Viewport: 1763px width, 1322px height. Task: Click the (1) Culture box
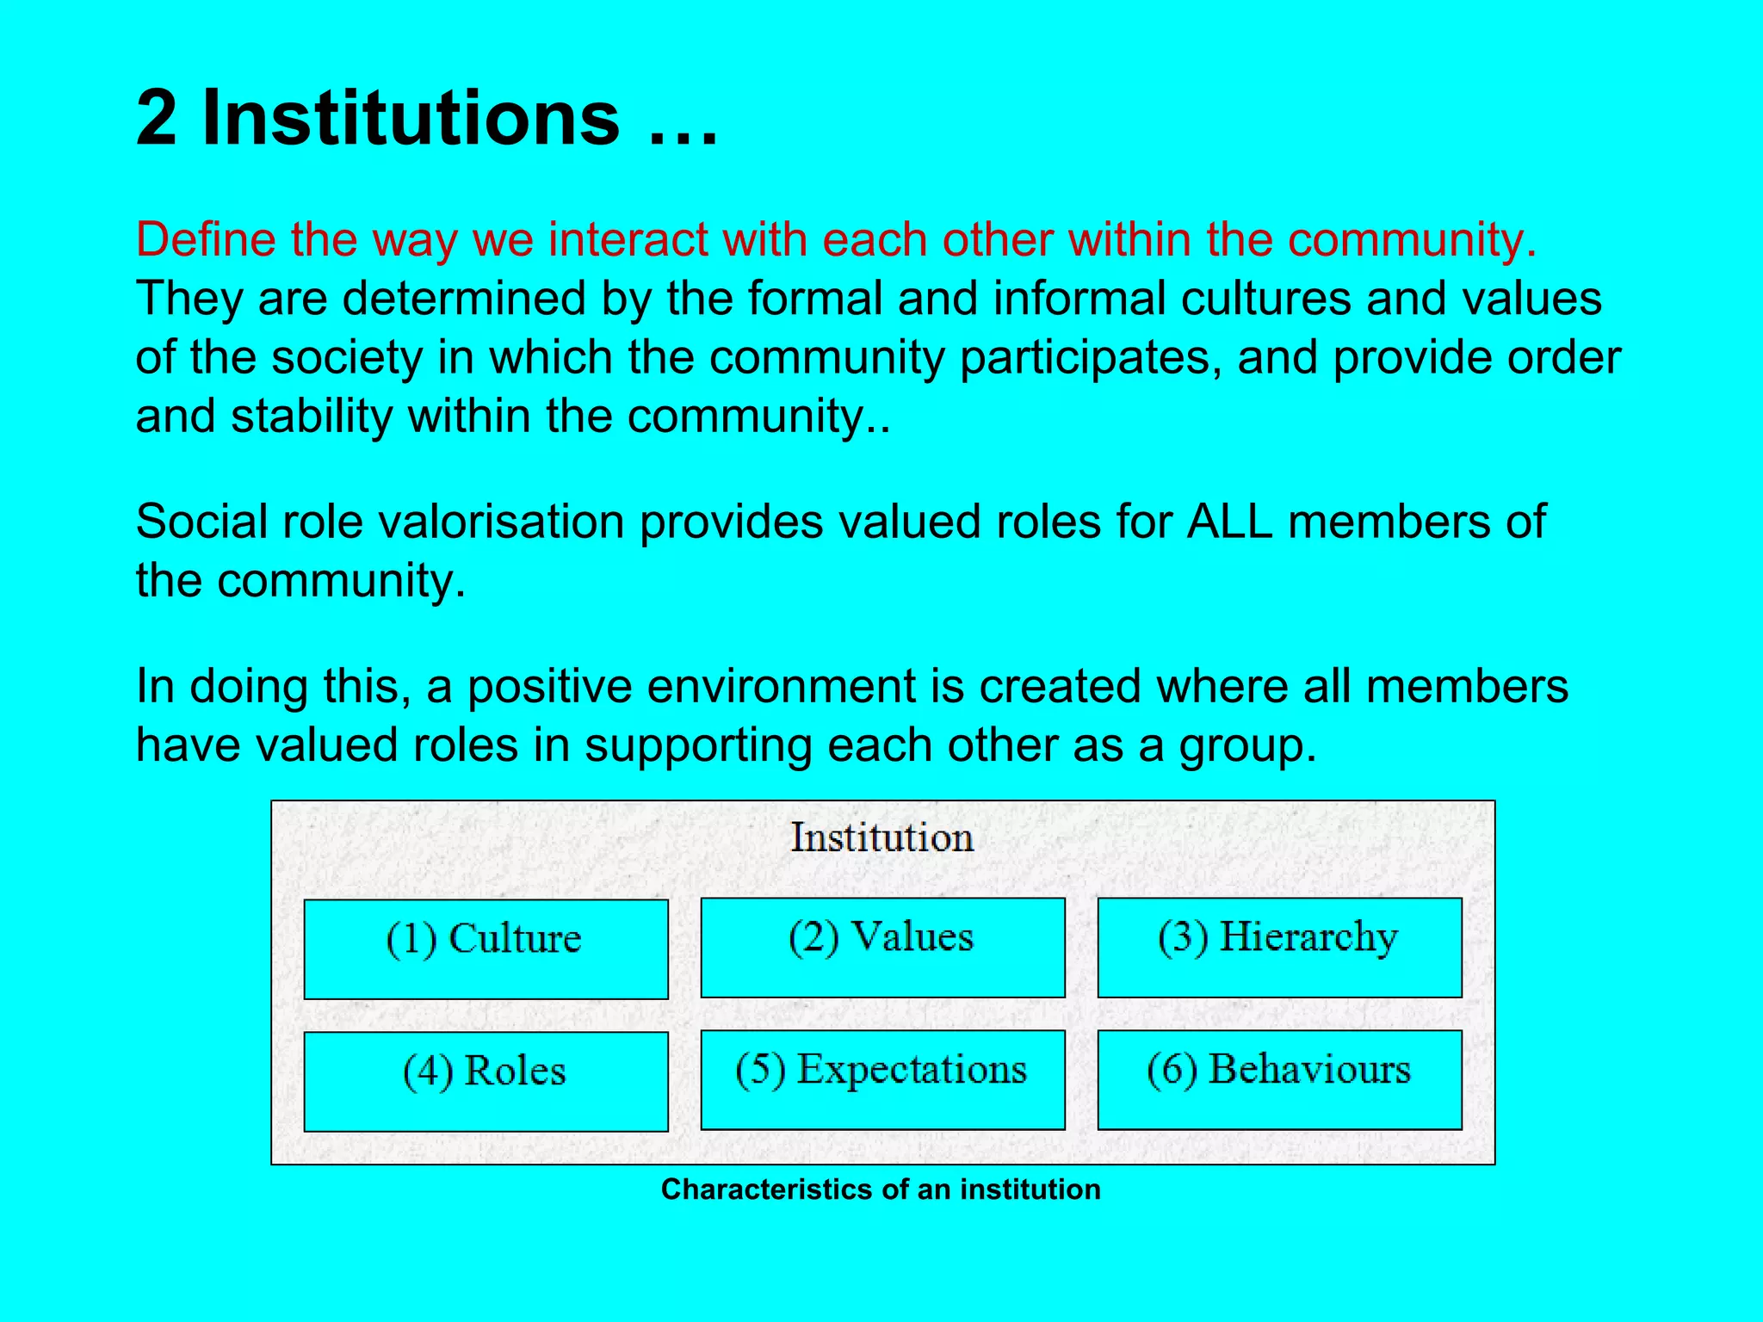point(486,948)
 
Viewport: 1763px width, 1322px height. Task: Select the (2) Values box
point(882,947)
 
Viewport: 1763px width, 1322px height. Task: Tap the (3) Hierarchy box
point(1279,947)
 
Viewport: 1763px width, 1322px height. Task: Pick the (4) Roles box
point(486,1081)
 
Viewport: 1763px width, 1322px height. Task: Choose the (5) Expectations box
point(882,1079)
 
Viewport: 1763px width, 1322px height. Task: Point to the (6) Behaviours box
point(1279,1079)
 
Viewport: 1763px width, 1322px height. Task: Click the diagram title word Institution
point(882,837)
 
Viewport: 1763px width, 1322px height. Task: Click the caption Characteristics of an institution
point(881,1189)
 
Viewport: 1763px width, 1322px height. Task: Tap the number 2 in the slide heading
point(156,118)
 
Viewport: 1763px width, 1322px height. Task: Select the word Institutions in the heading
point(411,118)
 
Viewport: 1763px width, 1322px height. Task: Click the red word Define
point(205,239)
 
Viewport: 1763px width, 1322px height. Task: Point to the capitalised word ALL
point(1228,522)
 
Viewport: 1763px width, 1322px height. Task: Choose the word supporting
point(698,745)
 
